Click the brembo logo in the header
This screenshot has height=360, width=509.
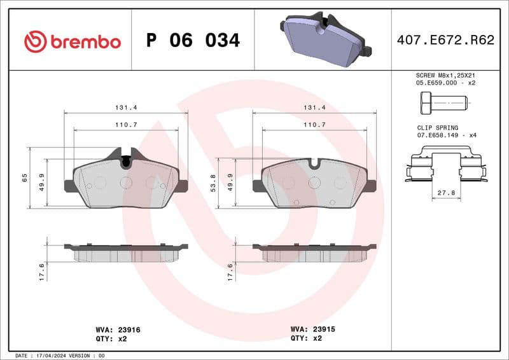tap(72, 41)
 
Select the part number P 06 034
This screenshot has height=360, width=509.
tap(193, 41)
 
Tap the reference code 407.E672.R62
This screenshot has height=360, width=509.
tap(445, 41)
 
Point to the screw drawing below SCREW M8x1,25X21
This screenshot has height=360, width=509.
tap(443, 102)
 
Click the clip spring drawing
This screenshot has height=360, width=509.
tap(445, 165)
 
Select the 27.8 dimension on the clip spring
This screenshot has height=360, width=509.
tap(447, 191)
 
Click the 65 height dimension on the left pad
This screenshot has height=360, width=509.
tap(25, 177)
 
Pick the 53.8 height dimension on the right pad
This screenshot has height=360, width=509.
tap(213, 183)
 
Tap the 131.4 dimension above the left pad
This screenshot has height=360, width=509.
tap(126, 108)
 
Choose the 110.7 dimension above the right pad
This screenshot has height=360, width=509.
tap(314, 125)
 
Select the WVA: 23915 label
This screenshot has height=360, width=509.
tap(312, 329)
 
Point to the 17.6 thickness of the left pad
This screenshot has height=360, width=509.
tap(42, 272)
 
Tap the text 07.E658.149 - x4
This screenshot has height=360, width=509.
tap(445, 135)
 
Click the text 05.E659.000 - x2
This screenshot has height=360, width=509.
tap(445, 83)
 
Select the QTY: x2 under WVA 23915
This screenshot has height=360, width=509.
tap(307, 339)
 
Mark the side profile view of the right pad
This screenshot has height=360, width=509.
tap(314, 253)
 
